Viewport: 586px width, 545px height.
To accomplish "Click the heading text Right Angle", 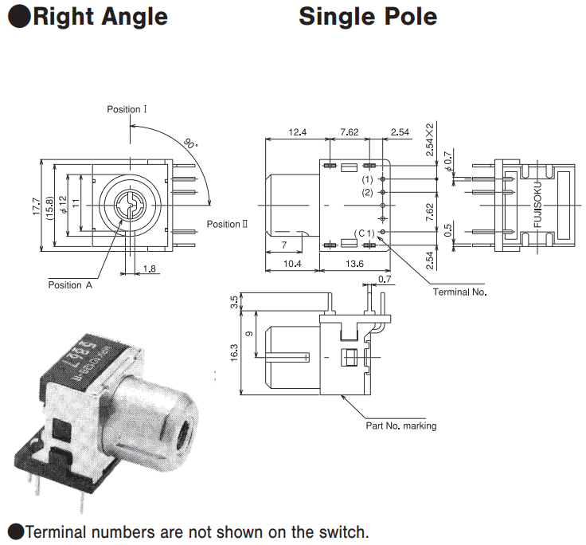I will coord(100,16).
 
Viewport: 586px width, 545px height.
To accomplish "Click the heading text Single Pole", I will coord(368,16).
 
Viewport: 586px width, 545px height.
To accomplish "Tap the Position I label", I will coord(127,109).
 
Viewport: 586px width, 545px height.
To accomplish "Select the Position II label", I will coord(227,224).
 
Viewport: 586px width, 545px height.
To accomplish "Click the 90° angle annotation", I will coord(189,144).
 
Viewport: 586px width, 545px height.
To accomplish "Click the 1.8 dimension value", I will coord(149,269).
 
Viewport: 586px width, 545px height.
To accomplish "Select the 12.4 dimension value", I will coord(297,132).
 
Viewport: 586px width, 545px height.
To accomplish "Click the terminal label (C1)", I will coord(365,233).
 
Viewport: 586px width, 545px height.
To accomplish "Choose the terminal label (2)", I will coord(367,193).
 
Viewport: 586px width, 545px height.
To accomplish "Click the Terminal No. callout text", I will coord(459,292).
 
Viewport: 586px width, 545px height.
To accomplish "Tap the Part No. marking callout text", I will coord(400,425).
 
